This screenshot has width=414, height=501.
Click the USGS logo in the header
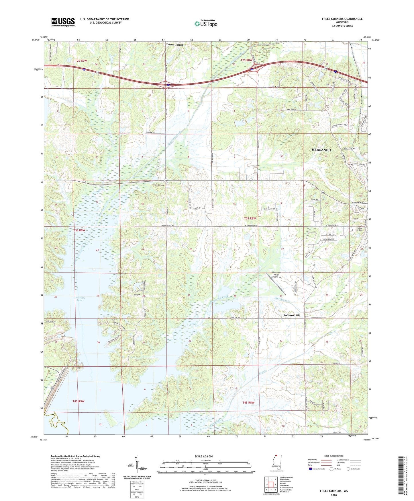63,22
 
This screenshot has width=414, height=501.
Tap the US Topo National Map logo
206,24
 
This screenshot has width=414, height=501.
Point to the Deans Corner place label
175,45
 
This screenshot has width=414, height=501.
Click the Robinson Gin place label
292,315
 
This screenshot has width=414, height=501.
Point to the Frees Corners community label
158,185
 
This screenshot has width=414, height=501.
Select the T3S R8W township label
250,218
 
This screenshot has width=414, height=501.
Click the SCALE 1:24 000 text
204,456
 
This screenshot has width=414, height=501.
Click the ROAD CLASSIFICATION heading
334,456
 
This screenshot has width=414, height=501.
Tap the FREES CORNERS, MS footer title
333,491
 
